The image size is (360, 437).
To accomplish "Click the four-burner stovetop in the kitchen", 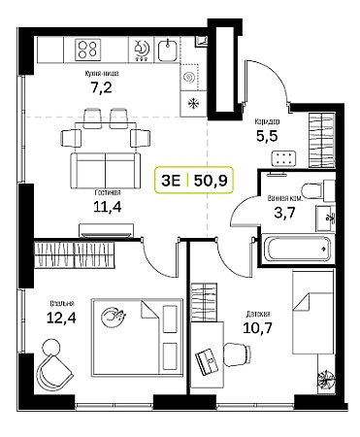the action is (88, 50).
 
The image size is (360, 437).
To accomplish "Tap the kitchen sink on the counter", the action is (168, 50).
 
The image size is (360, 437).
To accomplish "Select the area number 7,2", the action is (101, 87).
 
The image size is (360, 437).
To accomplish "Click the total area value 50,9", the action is (211, 181).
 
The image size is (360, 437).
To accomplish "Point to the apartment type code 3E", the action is (171, 181).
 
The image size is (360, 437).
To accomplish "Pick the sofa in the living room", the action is (106, 171).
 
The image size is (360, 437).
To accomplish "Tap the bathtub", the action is (296, 249).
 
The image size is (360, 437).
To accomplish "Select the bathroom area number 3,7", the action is (284, 213).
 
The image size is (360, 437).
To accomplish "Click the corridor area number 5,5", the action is (267, 136).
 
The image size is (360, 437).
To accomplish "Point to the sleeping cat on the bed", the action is (113, 318).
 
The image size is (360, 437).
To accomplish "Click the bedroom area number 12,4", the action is (61, 319).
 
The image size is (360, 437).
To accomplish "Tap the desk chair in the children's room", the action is (237, 354).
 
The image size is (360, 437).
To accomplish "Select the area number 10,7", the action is (257, 328).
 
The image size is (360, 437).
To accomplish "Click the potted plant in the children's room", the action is (325, 379).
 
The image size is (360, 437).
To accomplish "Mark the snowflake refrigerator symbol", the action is (193, 104).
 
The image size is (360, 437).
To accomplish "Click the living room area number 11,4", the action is (108, 207).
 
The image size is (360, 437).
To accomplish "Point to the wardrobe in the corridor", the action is (321, 140).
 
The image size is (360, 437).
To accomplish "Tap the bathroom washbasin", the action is (325, 218).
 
